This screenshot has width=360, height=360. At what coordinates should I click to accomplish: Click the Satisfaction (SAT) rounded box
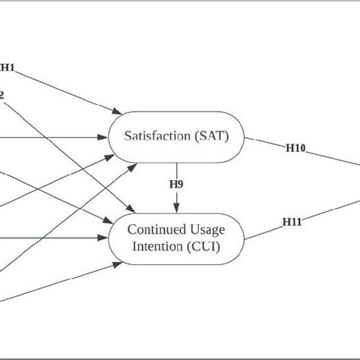tap(177, 137)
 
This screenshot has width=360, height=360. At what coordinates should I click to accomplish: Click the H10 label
tap(295, 149)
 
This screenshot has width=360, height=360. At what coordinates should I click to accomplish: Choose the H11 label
tap(292, 222)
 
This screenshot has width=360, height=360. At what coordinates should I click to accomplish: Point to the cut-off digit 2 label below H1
tap(2, 95)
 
